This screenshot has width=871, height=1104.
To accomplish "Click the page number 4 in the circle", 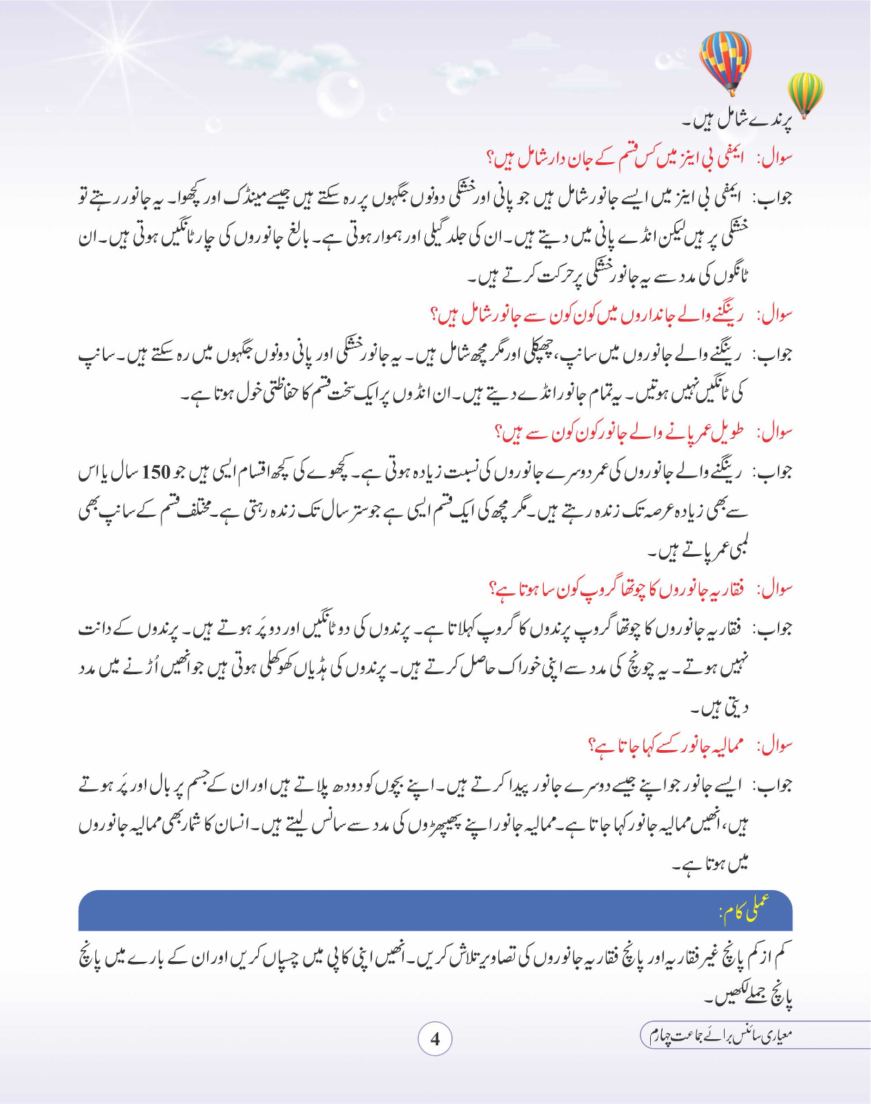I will click(435, 1038).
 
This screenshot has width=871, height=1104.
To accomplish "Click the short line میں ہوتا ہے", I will click(711, 863).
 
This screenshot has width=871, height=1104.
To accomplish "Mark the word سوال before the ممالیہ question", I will click(776, 746).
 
